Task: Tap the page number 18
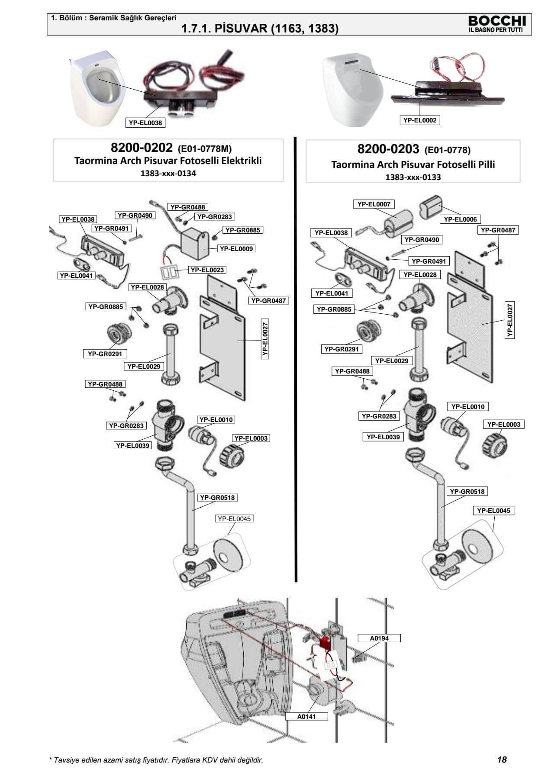click(x=502, y=759)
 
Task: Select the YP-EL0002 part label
click(x=419, y=120)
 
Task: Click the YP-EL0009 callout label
click(x=236, y=249)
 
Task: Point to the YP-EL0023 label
click(x=207, y=270)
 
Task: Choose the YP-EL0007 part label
click(x=374, y=204)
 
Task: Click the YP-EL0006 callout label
click(x=460, y=219)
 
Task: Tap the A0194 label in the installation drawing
click(x=379, y=638)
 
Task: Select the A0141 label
click(x=306, y=716)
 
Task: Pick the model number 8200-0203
click(x=388, y=149)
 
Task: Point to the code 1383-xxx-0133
click(x=413, y=177)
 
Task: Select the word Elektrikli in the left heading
click(x=242, y=161)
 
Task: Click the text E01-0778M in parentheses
click(x=205, y=149)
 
